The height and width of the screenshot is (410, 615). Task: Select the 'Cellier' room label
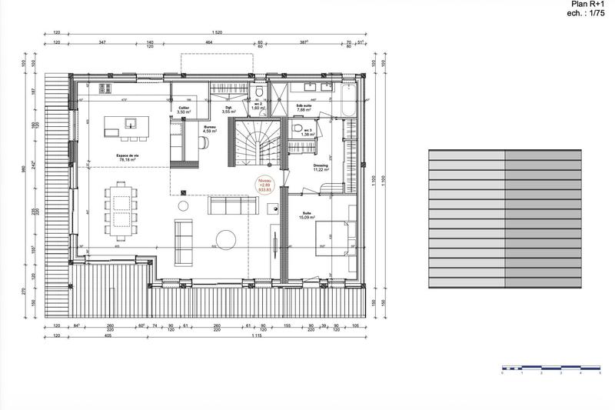[184, 109]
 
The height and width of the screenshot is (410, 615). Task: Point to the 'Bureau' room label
[210, 128]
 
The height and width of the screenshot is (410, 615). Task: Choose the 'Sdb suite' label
[304, 107]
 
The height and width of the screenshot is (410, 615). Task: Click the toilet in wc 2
[260, 95]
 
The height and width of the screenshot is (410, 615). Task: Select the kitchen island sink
[131, 122]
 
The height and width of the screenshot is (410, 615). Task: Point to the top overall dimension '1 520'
[218, 34]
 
